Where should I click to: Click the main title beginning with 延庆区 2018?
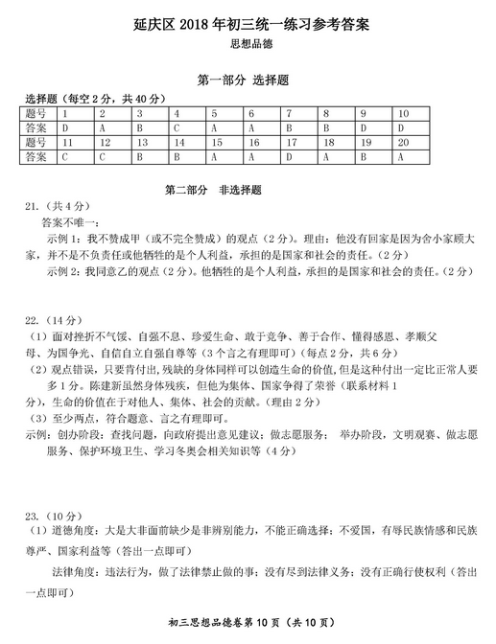248,22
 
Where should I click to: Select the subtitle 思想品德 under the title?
248,44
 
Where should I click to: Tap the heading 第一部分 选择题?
248,81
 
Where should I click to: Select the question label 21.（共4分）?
50,206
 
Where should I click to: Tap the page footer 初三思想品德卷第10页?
248,626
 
